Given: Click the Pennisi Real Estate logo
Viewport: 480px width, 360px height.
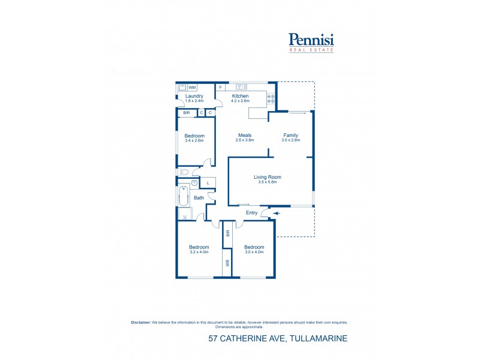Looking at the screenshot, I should (x=311, y=41).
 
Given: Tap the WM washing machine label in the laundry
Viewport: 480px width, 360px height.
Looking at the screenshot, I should (x=192, y=88).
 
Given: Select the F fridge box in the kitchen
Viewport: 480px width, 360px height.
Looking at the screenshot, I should (x=221, y=88).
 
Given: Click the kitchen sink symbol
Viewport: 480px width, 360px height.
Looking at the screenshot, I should (x=242, y=86).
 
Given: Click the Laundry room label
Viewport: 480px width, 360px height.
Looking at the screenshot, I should (x=194, y=96).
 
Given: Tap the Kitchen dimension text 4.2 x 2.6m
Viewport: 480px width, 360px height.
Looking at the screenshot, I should (x=241, y=101).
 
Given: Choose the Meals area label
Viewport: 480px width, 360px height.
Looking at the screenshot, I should (x=244, y=135).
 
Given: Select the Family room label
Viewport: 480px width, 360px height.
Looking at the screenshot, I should (x=290, y=135).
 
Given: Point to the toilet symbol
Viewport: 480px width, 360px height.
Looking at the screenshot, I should (x=184, y=172).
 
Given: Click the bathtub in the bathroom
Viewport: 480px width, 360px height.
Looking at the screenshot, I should (x=184, y=196).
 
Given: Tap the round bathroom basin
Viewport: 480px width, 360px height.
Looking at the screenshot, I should (x=195, y=183).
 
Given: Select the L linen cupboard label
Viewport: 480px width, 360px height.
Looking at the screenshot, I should (x=208, y=183).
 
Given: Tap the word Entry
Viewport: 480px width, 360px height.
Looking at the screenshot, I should (x=252, y=212).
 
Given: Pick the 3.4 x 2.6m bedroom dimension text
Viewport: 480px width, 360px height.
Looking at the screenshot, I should (x=194, y=140).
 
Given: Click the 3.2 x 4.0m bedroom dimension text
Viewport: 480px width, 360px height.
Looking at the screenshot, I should (x=199, y=252).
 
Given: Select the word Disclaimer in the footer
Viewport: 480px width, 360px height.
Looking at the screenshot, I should (x=141, y=322).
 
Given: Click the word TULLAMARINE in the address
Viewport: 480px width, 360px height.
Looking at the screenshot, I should (x=319, y=339).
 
